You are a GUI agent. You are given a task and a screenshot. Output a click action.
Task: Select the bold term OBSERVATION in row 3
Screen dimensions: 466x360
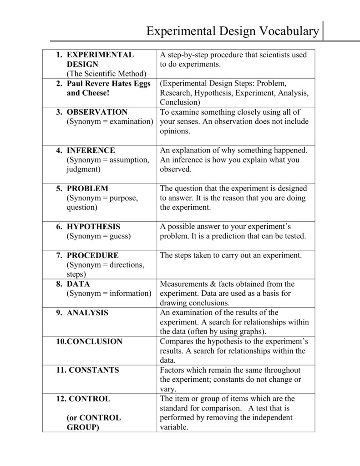97,112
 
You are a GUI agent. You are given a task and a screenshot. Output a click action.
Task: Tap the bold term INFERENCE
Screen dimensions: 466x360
91,150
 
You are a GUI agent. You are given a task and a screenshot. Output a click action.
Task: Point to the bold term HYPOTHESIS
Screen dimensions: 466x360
94,227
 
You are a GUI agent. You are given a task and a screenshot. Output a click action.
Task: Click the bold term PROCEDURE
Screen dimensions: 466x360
93,255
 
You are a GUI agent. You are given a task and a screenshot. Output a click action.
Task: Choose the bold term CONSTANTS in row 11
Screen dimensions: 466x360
94,370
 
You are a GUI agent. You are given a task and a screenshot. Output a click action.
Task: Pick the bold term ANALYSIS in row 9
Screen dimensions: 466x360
88,313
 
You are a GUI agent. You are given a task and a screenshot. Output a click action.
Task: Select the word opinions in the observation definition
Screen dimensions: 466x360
175,131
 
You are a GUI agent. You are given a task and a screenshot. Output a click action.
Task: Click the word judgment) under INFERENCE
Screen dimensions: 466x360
84,169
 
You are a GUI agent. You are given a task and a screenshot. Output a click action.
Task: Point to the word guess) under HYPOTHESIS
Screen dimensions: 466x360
119,236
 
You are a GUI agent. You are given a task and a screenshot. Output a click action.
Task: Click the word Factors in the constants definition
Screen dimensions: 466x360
173,370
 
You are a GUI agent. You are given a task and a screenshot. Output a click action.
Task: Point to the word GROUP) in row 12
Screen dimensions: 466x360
83,427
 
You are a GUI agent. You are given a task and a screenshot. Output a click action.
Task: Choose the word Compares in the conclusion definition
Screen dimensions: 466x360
176,341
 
